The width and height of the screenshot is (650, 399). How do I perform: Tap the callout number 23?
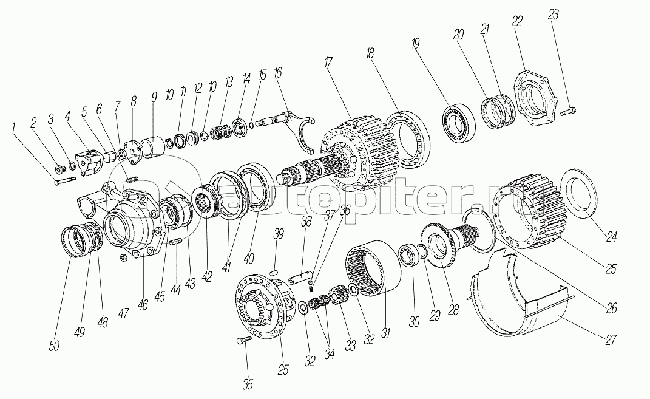(552, 15)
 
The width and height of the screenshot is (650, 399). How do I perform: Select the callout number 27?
(610, 340)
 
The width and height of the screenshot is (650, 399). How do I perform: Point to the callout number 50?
(54, 346)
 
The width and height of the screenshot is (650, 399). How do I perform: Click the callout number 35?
(248, 384)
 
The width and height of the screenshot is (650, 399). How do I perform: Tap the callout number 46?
(142, 305)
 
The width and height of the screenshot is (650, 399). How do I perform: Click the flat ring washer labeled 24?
(579, 194)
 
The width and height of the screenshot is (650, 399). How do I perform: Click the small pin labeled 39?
(274, 273)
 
